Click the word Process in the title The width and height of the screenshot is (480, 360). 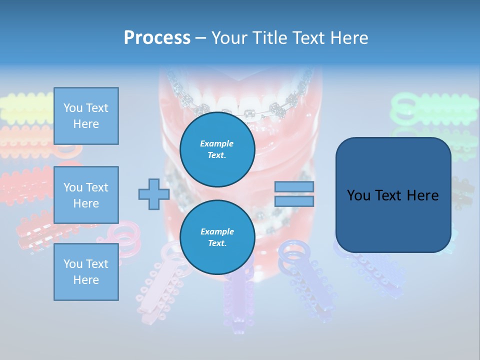coord(157,38)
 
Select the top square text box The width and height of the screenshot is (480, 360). coord(86,116)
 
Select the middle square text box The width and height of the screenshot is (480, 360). coord(86,195)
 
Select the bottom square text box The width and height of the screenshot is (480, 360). coord(86,271)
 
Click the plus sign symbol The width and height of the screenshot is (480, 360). coord(153,194)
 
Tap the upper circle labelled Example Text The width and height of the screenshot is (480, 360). coord(217,149)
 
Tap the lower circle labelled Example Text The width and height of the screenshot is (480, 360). coord(217,237)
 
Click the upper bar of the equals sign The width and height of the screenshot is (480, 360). coord(294,187)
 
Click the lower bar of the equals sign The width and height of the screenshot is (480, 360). coord(294,201)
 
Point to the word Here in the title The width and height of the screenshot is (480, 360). coord(350,38)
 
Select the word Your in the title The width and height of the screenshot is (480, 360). coord(229,38)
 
